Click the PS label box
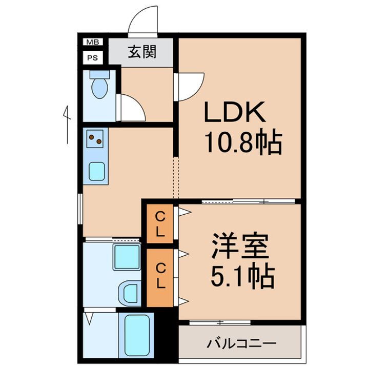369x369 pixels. pyautogui.click(x=93, y=58)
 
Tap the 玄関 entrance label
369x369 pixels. pyautogui.click(x=142, y=52)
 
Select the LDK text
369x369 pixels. pyautogui.click(x=235, y=112)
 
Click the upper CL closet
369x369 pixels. pyautogui.click(x=160, y=223)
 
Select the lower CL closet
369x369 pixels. pyautogui.click(x=160, y=275)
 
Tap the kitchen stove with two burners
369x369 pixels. pyautogui.click(x=96, y=138)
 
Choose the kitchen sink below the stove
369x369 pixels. pyautogui.click(x=97, y=171)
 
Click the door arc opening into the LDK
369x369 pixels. pyautogui.click(x=191, y=86)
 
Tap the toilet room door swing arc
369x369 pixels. pyautogui.click(x=131, y=108)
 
